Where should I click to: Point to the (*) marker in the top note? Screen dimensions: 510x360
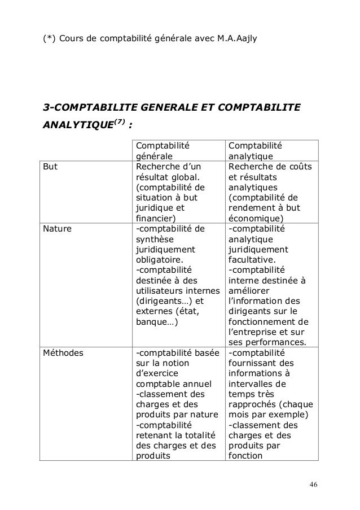(x=49, y=38)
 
